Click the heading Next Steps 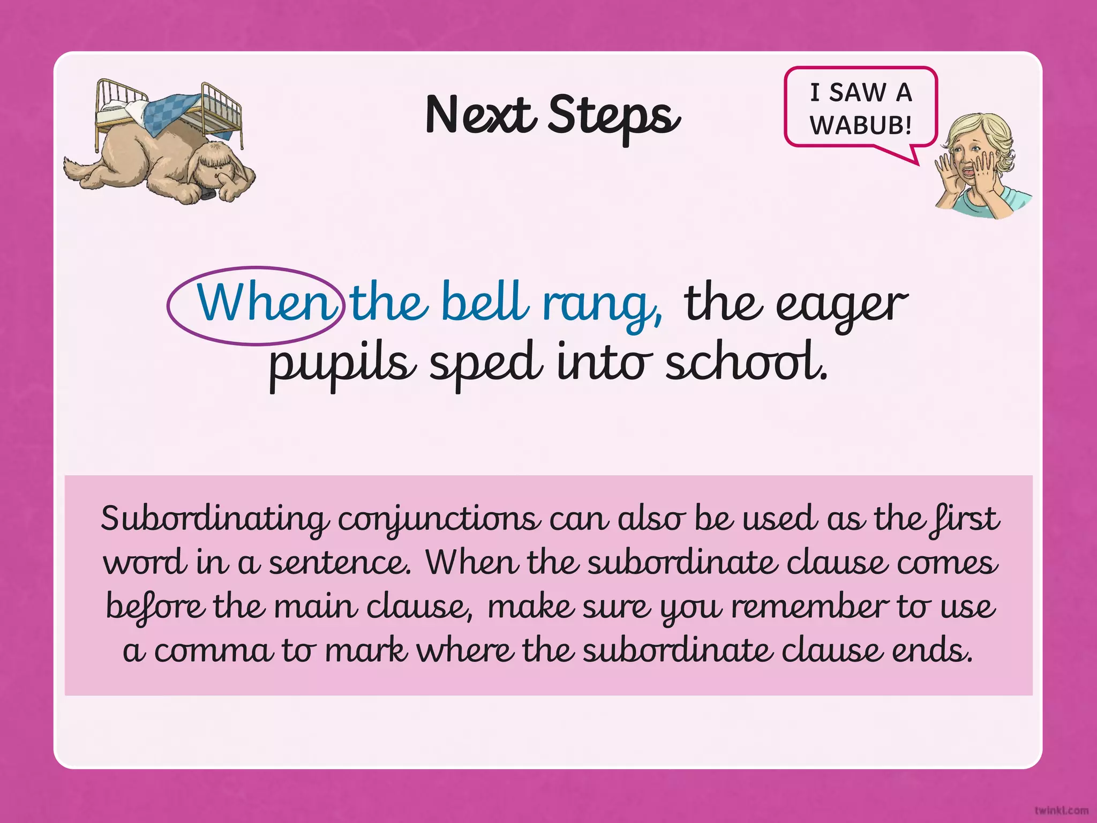[x=552, y=115]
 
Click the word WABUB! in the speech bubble [x=860, y=125]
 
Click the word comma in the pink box [x=212, y=652]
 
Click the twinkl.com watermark [x=1061, y=810]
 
